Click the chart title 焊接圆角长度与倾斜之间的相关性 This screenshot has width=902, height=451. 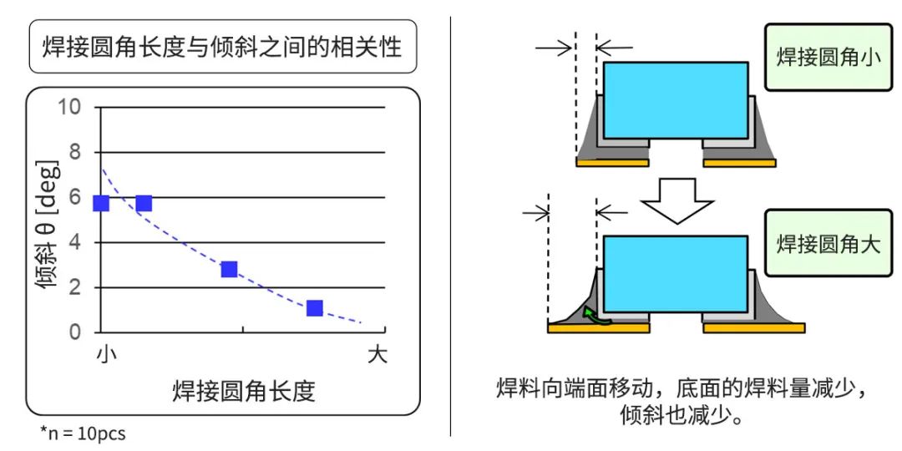click(x=222, y=47)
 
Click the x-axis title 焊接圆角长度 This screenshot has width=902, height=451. click(x=244, y=391)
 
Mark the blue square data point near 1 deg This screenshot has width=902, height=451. click(x=314, y=308)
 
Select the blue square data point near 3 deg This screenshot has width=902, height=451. click(x=229, y=269)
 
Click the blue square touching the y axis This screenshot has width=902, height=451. click(x=101, y=203)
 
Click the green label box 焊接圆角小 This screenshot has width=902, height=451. click(x=829, y=58)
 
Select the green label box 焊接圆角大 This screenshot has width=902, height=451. click(x=829, y=243)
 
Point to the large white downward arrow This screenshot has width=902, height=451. click(x=677, y=200)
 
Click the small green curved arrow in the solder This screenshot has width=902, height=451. click(x=595, y=315)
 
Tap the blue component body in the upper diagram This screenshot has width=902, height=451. click(x=676, y=100)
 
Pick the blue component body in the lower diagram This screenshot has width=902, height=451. click(x=676, y=274)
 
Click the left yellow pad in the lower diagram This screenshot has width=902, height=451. click(x=598, y=328)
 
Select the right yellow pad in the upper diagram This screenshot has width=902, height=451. click(x=739, y=163)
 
